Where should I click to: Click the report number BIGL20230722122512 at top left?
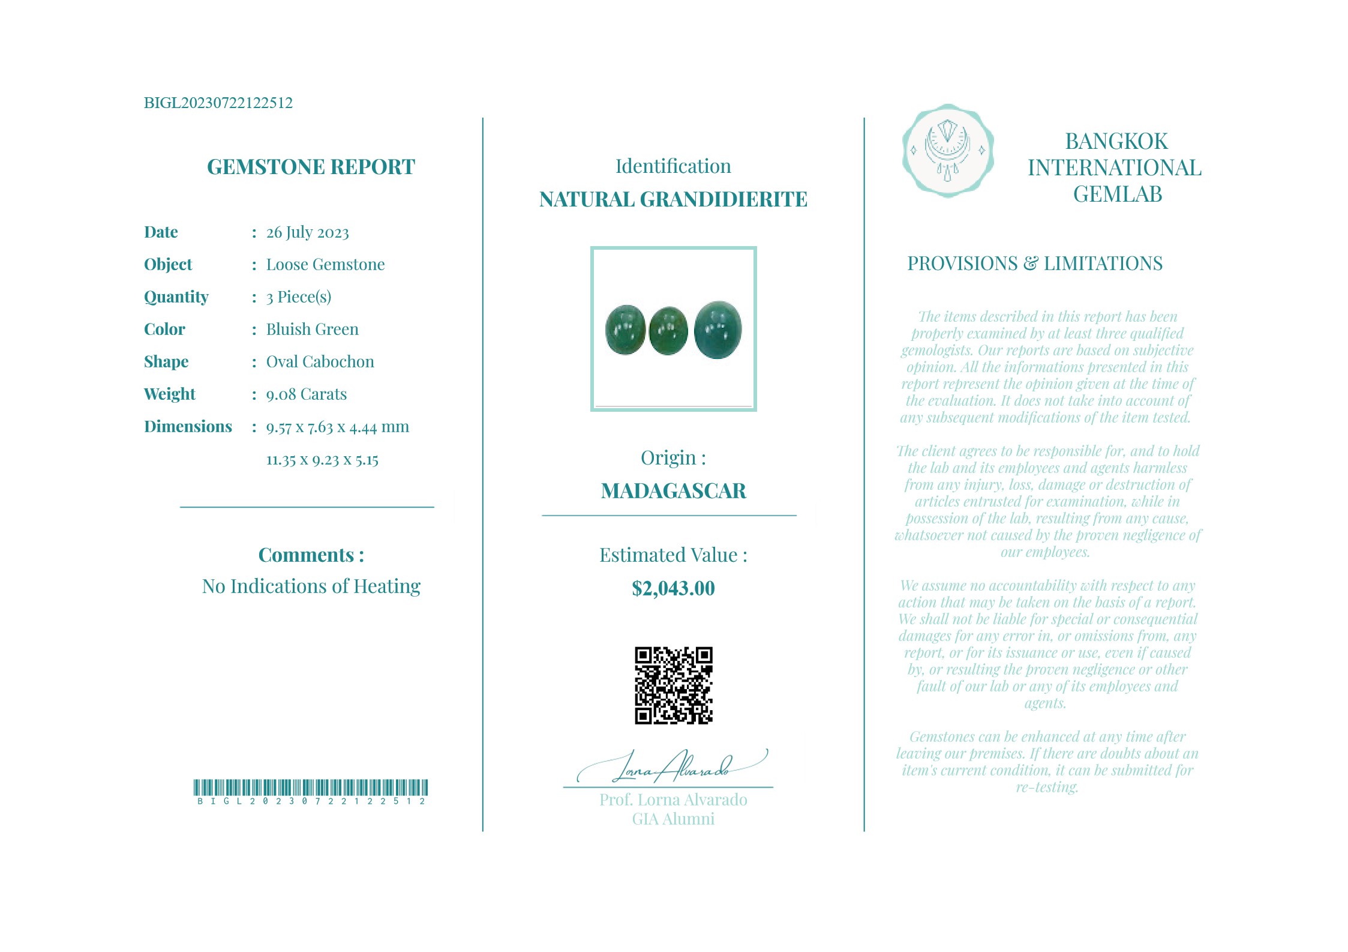(x=218, y=103)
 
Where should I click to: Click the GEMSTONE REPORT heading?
(x=311, y=167)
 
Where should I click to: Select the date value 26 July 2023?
(x=307, y=232)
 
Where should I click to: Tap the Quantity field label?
(x=176, y=297)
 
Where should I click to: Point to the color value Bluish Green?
(x=312, y=330)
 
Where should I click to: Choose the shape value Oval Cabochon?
(x=320, y=362)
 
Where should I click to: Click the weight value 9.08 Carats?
(x=307, y=394)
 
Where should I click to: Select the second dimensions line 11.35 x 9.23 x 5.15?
(x=322, y=460)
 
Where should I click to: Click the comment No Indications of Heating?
(x=311, y=586)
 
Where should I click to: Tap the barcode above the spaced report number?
(x=311, y=788)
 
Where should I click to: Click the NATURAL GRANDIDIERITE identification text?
(x=673, y=199)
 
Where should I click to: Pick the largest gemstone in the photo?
(x=717, y=330)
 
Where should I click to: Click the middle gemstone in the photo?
(x=668, y=331)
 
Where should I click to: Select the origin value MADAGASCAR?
(x=673, y=491)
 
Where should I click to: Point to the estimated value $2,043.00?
(x=673, y=588)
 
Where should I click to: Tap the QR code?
(x=673, y=685)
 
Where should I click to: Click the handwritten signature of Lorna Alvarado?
(x=672, y=767)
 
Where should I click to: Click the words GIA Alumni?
(x=673, y=819)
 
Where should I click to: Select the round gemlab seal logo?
(x=948, y=151)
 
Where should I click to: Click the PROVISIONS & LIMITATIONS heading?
(x=1034, y=264)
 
